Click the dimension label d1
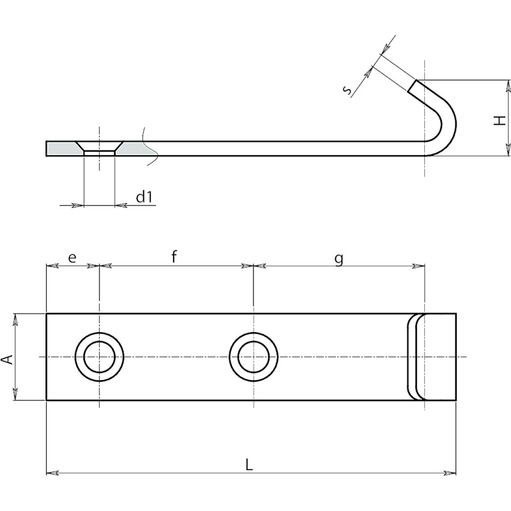tap(144, 197)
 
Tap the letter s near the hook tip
tap(348, 90)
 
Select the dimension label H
tap(500, 120)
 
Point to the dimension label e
tap(72, 257)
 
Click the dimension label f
tap(174, 256)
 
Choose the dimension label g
tap(339, 259)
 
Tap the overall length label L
tap(249, 464)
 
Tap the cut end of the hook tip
tap(412, 86)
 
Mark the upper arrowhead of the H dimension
tap(507, 86)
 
